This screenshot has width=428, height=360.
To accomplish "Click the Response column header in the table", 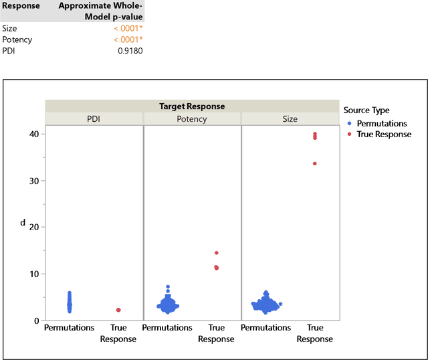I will click(21, 5).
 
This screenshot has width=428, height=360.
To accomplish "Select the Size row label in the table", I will click(10, 29).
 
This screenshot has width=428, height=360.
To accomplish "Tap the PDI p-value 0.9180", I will click(129, 50).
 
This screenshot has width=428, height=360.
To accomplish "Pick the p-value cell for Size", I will click(127, 29).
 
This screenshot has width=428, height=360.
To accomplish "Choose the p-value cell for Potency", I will click(127, 39).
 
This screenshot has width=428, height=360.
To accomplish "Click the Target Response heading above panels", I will click(192, 106).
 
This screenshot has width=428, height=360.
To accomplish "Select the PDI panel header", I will click(94, 119).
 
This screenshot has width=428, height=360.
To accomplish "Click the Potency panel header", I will click(192, 119).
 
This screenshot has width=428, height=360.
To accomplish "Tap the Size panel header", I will click(290, 119).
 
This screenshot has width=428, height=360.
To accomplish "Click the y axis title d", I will click(23, 221).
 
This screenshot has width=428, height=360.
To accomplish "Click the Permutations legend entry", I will click(381, 124).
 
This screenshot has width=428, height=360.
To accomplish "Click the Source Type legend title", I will click(366, 110).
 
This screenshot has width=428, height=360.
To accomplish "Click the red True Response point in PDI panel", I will click(118, 310).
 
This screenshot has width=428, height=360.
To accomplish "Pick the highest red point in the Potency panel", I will click(217, 253).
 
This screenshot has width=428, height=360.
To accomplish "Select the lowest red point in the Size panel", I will click(315, 163).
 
